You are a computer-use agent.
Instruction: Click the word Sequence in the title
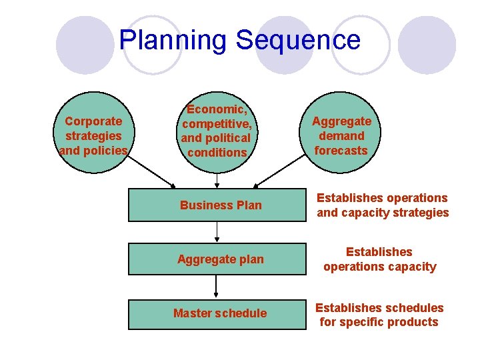coord(298,40)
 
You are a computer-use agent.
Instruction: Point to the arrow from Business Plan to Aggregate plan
coord(217,232)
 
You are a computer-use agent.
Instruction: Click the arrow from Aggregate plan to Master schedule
coord(217,286)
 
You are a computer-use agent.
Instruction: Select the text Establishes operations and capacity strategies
coord(383,205)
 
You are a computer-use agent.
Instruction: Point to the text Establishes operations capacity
coord(380,259)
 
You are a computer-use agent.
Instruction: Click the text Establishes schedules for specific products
coord(379,315)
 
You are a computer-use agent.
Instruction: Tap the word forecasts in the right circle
coord(341,151)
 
